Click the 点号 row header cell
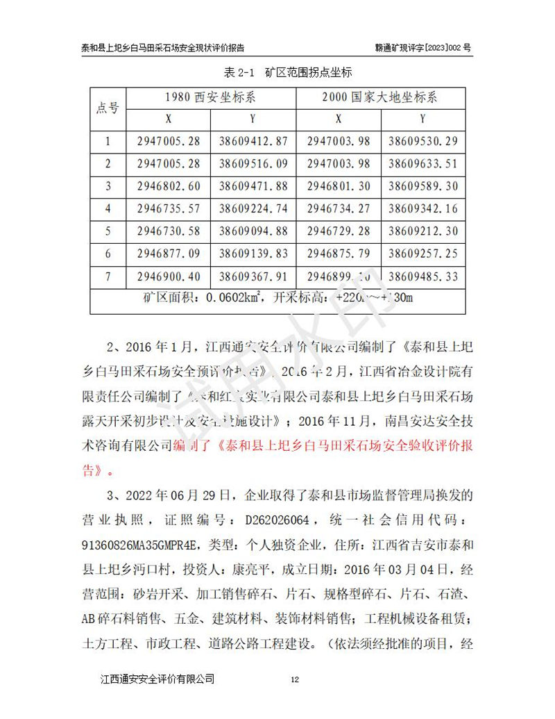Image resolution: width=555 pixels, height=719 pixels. pos(108,108)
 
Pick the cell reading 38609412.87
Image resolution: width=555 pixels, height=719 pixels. pos(253,141)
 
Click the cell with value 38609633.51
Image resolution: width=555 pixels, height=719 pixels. pos(423,164)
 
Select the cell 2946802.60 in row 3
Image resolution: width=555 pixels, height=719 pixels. pos(169,186)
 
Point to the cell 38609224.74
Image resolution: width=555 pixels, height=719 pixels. pos(253,208)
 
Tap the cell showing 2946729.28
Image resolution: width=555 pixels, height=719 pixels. pos(339,231)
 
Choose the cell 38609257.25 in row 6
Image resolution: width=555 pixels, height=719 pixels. pos(423,254)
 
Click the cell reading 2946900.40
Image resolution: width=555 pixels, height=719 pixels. pos(169,276)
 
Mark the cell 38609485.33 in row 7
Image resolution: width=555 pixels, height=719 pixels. pos(423,276)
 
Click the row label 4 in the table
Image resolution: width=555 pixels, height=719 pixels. pos(108,208)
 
